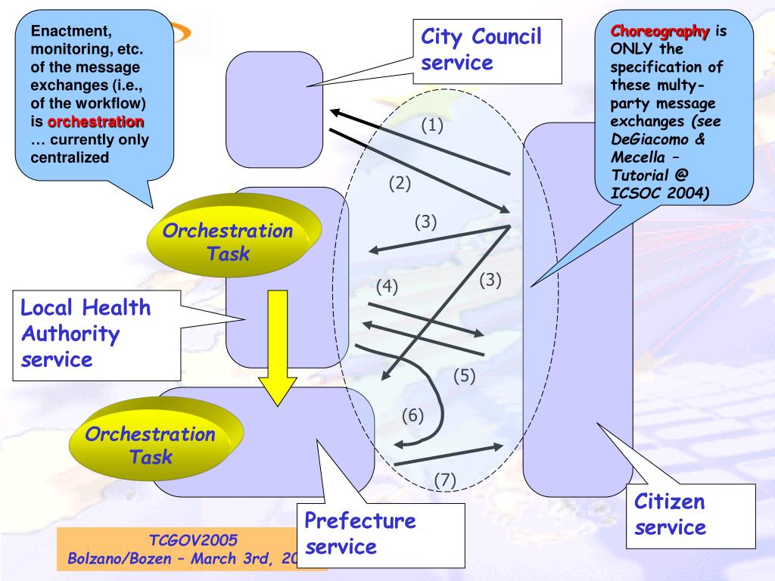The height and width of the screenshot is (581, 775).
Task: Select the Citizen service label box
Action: [669, 514]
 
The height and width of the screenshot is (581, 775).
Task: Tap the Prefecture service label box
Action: [360, 533]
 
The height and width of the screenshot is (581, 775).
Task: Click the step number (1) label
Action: [432, 126]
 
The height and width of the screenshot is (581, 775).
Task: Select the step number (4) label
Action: [386, 287]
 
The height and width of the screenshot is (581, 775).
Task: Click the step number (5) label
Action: [464, 375]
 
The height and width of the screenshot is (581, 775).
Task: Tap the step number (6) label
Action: [412, 415]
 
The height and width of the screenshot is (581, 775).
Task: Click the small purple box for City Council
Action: [275, 109]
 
